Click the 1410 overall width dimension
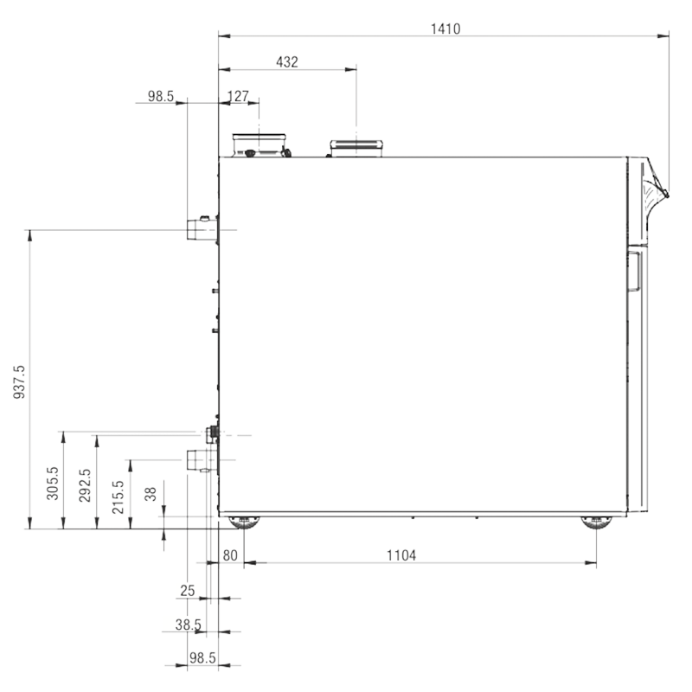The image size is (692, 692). pyautogui.click(x=445, y=29)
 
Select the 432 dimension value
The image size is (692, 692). pyautogui.click(x=287, y=62)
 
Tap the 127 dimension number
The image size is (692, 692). pyautogui.click(x=239, y=96)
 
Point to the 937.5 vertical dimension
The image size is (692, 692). pyautogui.click(x=19, y=382)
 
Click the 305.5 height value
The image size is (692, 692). pyautogui.click(x=53, y=484)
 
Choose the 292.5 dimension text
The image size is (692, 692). pyautogui.click(x=85, y=485)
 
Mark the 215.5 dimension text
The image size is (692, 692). pyautogui.click(x=119, y=497)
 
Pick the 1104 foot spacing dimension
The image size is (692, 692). pyautogui.click(x=401, y=555)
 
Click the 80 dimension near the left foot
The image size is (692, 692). pyautogui.click(x=230, y=555)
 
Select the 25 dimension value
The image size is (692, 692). pyautogui.click(x=188, y=591)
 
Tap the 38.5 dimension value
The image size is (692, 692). pyautogui.click(x=189, y=625)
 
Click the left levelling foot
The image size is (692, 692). pyautogui.click(x=244, y=522)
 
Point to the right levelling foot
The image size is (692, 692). pyautogui.click(x=596, y=522)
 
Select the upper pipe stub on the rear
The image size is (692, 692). pyautogui.click(x=202, y=229)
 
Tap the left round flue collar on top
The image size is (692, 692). pyautogui.click(x=260, y=145)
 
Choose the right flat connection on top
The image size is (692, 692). pyautogui.click(x=356, y=148)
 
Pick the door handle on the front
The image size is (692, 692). pyautogui.click(x=634, y=272)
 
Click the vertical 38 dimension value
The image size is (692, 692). pyautogui.click(x=151, y=494)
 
